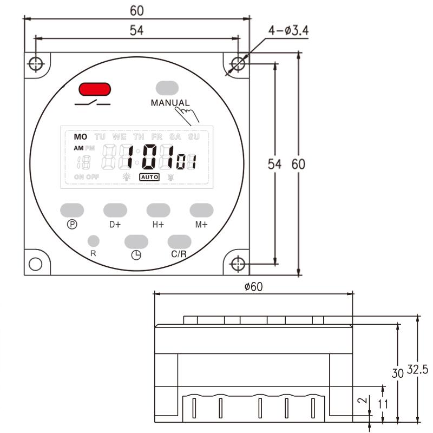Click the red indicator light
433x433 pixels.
95,89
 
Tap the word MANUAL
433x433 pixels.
170,103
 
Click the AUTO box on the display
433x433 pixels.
149,176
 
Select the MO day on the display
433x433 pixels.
81,137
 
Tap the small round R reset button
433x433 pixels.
93,240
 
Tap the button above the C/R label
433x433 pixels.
179,241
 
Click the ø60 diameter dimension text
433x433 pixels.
253,287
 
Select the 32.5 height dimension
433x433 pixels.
417,370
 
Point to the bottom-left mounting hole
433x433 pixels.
36,264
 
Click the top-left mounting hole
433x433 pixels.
36,63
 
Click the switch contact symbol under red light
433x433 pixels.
93,103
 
